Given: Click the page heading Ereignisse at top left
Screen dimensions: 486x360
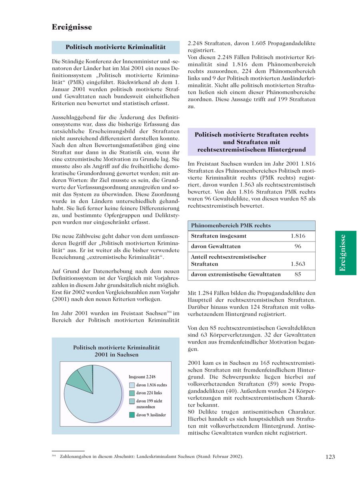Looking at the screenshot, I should click(72, 27).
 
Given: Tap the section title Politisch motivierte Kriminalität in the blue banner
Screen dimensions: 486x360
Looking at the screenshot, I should click(116, 47).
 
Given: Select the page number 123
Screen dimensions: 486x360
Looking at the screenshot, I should click(330, 457).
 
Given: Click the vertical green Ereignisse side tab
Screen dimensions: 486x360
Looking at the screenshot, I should click(346, 253).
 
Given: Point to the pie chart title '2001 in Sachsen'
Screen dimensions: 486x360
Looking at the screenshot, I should click(116, 355).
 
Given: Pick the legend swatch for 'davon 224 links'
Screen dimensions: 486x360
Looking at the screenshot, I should click(132, 393).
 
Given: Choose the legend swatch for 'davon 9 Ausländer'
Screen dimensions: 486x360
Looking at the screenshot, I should click(132, 415).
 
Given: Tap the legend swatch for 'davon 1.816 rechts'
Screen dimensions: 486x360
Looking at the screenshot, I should click(132, 385).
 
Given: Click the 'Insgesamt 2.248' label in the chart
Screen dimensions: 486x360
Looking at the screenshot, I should click(142, 377).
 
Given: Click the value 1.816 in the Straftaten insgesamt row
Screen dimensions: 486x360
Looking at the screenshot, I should click(298, 236).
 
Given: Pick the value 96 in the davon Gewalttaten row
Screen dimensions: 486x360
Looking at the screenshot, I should click(298, 246).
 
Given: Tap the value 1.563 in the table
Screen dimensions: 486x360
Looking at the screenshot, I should click(298, 264).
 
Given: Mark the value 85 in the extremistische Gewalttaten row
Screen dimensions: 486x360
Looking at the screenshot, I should click(298, 274).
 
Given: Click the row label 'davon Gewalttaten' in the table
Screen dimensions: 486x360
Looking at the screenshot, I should click(216, 246).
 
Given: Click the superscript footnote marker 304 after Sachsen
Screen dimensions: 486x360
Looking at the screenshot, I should click(169, 312).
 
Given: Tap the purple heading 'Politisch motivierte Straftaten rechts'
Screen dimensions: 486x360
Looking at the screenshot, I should click(251, 135).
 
